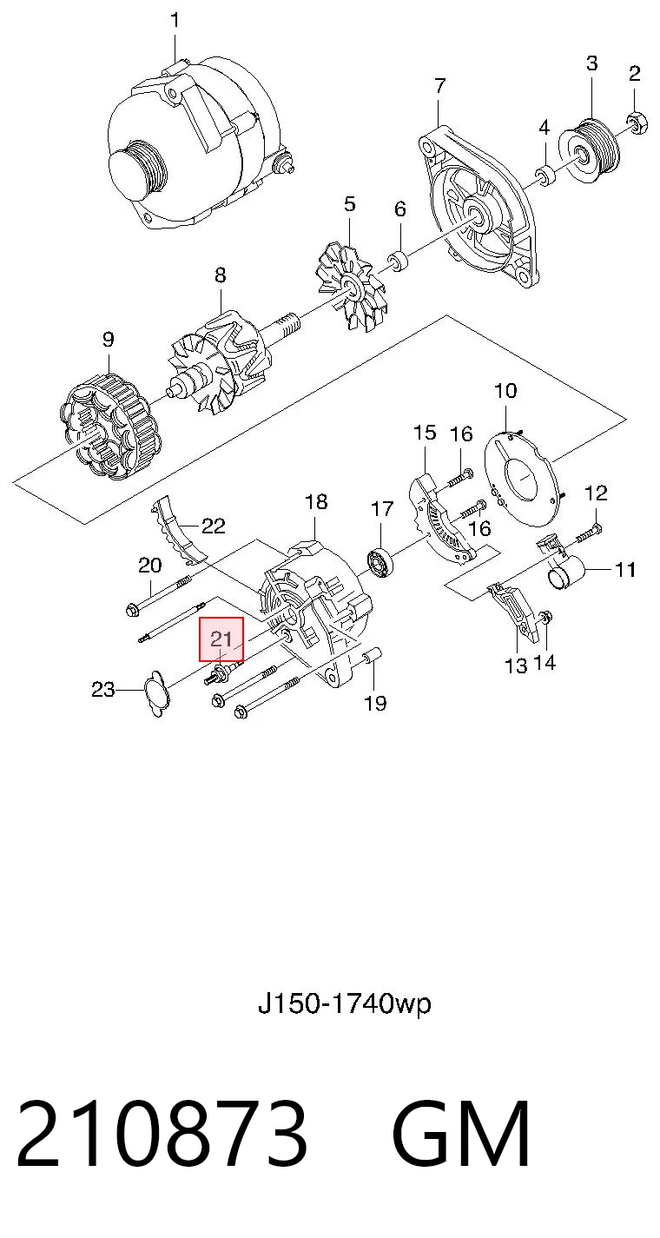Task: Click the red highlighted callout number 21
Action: pos(221,639)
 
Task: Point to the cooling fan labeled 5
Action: pos(350,287)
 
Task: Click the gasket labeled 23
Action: pos(156,693)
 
